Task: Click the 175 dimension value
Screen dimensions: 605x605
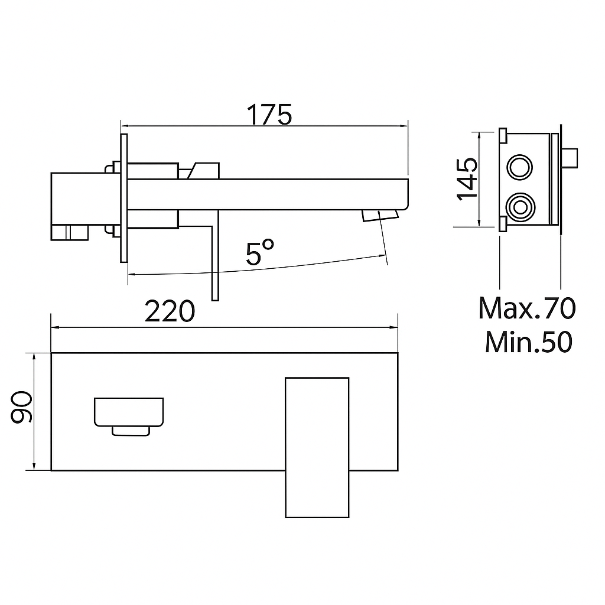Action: point(269,115)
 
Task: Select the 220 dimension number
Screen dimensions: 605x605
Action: point(170,311)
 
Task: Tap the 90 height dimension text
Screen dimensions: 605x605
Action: point(22,407)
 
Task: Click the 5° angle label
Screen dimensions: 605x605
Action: point(260,253)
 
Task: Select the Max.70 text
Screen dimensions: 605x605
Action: point(526,308)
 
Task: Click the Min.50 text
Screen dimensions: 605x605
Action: point(528,342)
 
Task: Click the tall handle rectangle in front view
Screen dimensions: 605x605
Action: point(316,447)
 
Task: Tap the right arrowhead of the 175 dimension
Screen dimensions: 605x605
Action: point(405,125)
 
